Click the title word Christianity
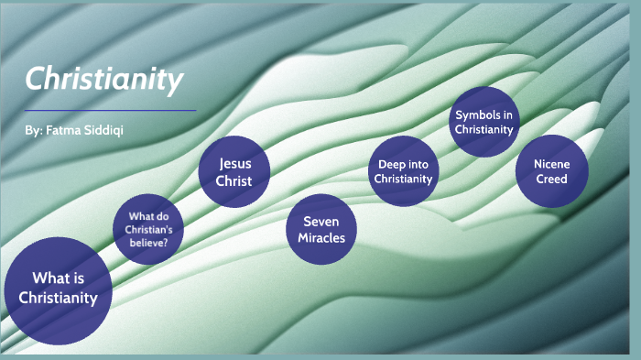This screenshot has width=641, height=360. (x=103, y=81)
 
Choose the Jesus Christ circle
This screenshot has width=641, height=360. (x=234, y=171)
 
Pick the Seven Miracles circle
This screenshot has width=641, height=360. (x=320, y=229)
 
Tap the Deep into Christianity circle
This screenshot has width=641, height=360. (x=403, y=171)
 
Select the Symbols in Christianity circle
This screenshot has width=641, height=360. (x=484, y=122)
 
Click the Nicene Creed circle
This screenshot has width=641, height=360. (x=551, y=171)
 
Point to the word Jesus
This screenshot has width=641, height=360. (x=234, y=163)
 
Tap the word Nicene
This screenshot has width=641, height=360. (x=551, y=164)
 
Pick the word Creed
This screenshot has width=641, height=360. (x=551, y=179)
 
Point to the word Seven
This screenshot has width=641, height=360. (x=320, y=222)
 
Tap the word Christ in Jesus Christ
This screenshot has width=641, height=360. (x=234, y=180)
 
